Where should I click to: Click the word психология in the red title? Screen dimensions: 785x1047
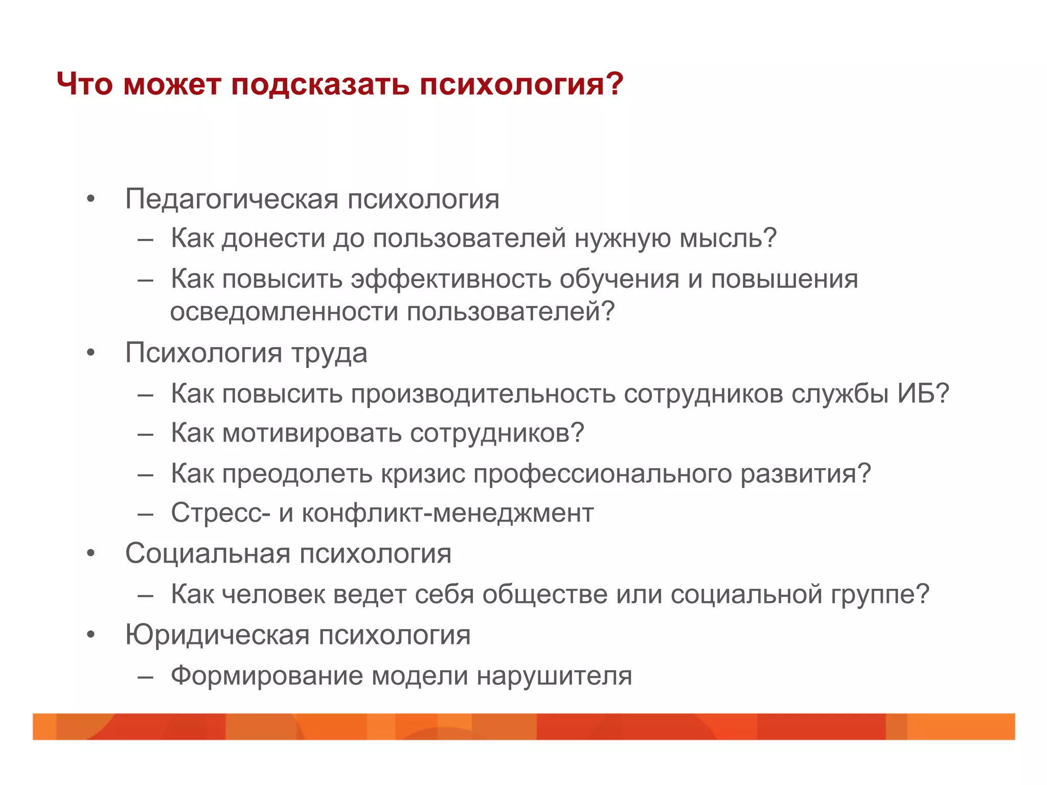520,84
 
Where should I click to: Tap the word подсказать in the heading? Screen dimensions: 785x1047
320,84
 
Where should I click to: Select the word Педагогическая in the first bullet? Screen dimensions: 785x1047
232,199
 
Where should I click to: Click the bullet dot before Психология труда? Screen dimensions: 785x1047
91,353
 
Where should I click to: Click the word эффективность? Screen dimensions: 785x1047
451,280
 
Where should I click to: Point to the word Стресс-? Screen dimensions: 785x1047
220,513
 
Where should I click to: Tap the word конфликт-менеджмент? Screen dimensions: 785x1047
448,513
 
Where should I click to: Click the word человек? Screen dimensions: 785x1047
274,594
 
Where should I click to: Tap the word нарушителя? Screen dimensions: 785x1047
554,676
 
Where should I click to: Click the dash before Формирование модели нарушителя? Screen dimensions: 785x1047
146,677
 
